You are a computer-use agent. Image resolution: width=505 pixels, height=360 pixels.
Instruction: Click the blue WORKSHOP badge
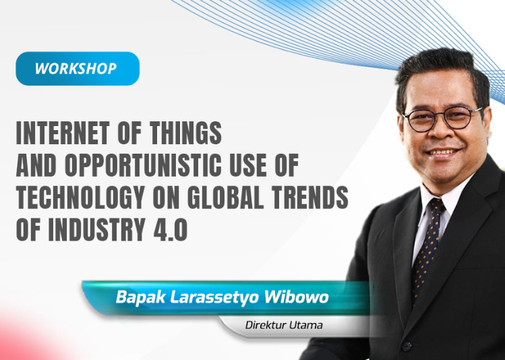[x=78, y=69]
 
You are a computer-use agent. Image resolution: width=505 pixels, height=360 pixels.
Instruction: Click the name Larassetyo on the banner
[x=214, y=297]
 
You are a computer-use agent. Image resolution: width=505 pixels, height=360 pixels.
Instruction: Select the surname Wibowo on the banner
[x=296, y=297]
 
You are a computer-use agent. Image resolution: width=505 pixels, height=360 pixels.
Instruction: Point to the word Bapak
[x=140, y=297]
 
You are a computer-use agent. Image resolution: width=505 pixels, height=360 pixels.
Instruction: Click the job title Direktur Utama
[x=284, y=325]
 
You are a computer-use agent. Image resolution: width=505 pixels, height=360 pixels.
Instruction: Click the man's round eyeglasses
[x=443, y=118]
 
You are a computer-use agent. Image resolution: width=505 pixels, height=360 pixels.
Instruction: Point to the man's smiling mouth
[x=442, y=152]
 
